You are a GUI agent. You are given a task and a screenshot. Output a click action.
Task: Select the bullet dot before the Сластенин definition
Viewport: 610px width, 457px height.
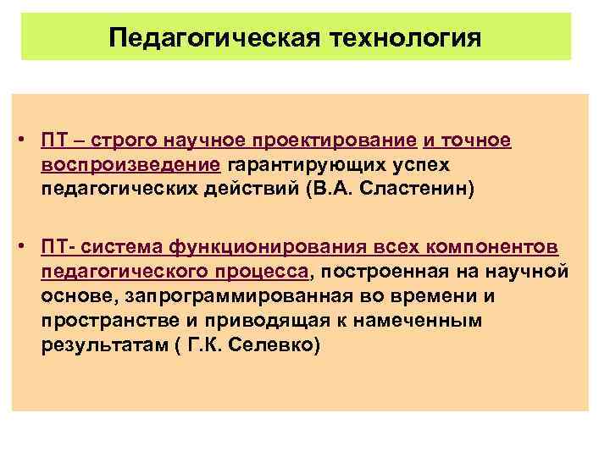click(26, 139)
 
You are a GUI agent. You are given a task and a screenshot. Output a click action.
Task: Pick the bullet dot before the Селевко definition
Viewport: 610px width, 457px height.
click(26, 246)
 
